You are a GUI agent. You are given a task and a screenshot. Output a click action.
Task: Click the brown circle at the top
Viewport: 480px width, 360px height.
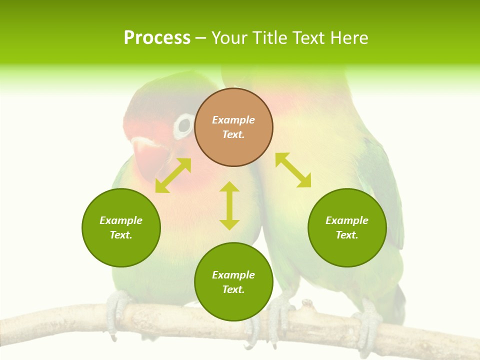(233, 127)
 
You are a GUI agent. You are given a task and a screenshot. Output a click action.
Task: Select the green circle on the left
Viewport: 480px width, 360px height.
(121, 227)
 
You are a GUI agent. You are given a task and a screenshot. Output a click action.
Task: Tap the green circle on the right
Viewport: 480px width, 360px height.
(347, 227)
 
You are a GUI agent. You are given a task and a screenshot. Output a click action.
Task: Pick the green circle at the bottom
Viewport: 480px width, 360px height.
(233, 282)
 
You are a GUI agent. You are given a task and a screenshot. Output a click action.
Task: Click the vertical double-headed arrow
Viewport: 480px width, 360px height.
(229, 205)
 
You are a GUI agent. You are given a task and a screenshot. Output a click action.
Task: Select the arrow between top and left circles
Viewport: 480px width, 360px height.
(173, 175)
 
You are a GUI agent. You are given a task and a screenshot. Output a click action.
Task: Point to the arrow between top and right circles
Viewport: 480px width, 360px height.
(293, 170)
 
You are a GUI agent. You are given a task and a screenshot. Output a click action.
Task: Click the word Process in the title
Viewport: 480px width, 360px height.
(157, 38)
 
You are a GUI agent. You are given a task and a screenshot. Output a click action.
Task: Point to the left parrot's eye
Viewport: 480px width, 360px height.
(184, 126)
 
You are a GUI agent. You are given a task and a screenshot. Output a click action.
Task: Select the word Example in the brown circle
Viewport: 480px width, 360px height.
(233, 120)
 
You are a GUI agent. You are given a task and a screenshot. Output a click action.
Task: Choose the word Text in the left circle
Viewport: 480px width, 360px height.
(121, 235)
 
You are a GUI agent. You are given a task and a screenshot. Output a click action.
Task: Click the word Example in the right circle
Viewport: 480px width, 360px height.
(347, 220)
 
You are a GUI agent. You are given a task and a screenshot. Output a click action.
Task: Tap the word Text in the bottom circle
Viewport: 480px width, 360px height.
(233, 289)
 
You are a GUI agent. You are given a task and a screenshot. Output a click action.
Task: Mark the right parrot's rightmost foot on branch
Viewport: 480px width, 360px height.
(369, 325)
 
